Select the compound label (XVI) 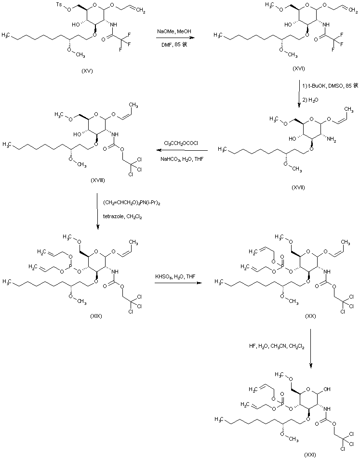coord(299,69)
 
